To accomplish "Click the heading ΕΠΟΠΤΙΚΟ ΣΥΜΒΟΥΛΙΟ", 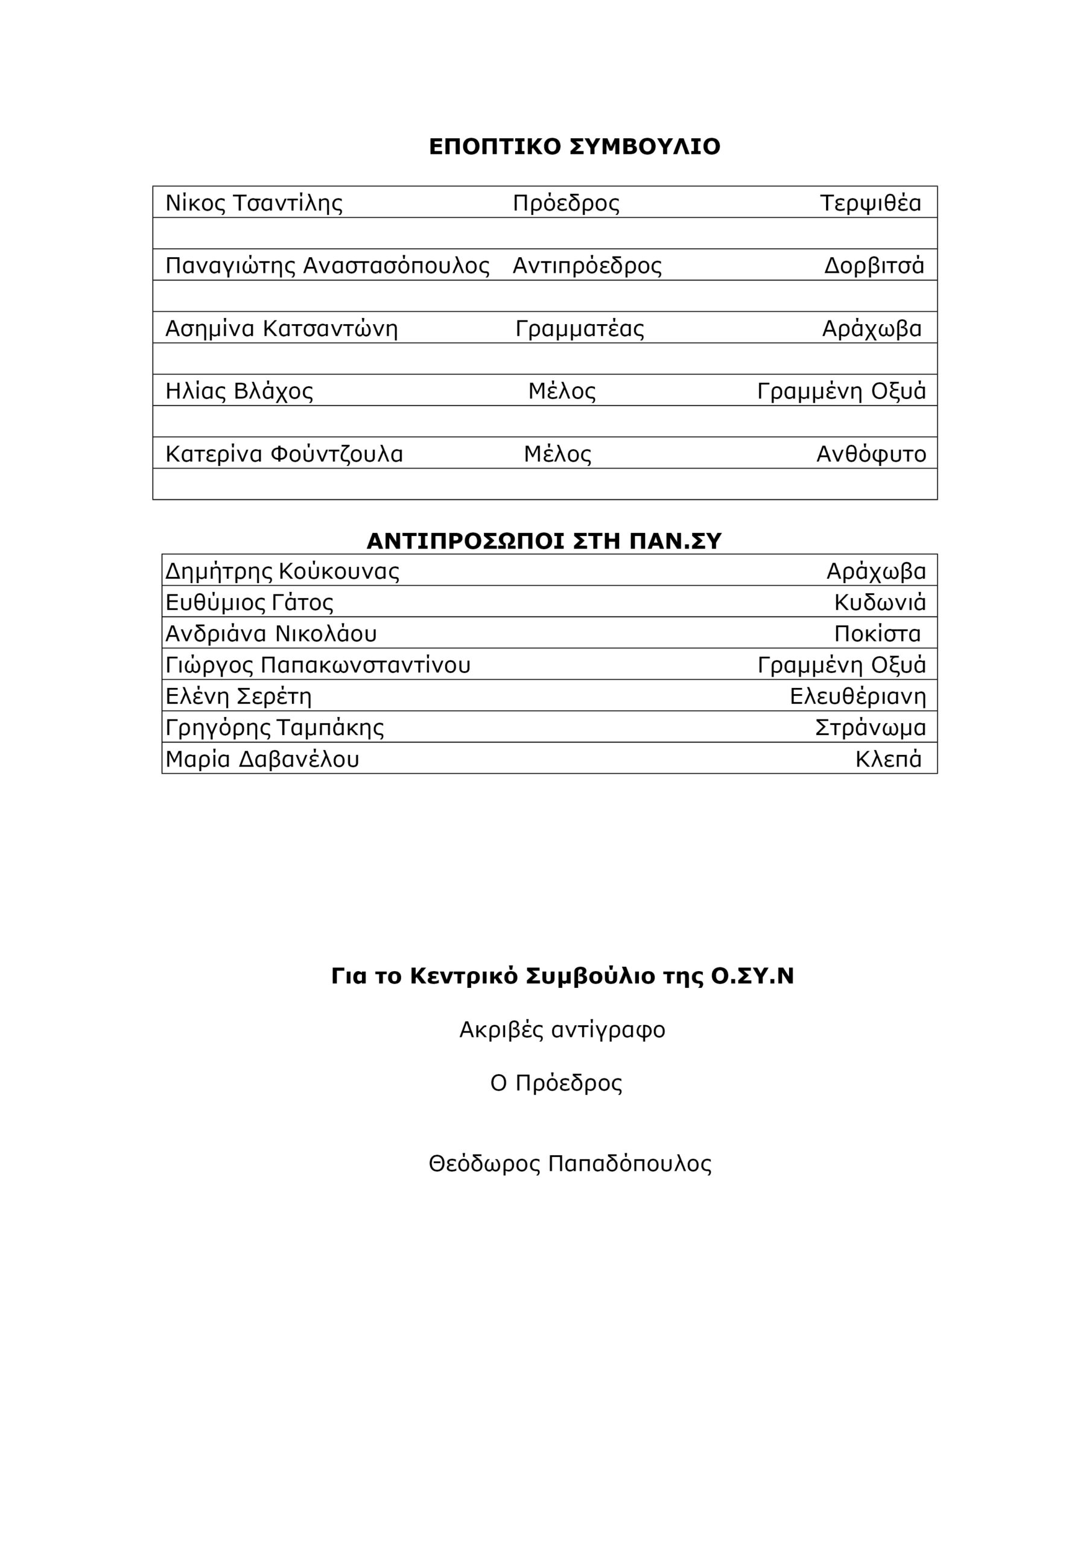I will [x=574, y=147].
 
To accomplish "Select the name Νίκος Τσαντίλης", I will [x=253, y=203].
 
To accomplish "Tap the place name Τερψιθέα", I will [x=870, y=203].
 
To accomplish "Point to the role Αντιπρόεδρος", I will [x=586, y=266].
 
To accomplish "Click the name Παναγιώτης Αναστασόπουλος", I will [x=327, y=266].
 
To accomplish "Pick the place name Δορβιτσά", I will [x=874, y=266].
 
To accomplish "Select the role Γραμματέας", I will [x=579, y=328].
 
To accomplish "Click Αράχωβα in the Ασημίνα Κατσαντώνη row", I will [x=871, y=328].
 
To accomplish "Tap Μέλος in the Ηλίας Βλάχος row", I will [x=561, y=391].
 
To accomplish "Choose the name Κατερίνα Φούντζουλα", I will [x=284, y=454].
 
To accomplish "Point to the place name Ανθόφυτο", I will [x=871, y=454].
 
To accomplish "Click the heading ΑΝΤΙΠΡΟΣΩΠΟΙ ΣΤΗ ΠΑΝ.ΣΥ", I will [x=544, y=541].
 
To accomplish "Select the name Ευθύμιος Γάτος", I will [x=249, y=602].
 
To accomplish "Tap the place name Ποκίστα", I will [x=877, y=634].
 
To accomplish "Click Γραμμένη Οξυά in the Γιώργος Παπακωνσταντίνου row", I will [x=841, y=666].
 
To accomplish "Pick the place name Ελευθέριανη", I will [x=857, y=696].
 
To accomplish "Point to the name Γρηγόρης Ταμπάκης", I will [x=275, y=728].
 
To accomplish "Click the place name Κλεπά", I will [x=887, y=760].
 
